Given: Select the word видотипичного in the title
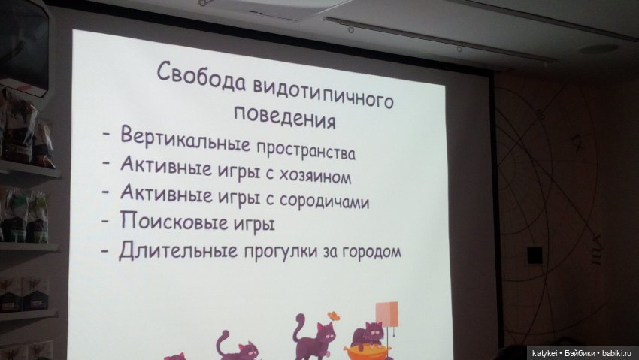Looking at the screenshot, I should click(x=321, y=93).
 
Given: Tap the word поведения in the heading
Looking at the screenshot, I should click(x=283, y=118).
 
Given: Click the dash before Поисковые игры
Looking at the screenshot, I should click(x=106, y=219).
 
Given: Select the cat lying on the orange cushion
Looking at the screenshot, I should click(x=368, y=335).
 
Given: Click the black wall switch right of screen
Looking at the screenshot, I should click(x=535, y=255).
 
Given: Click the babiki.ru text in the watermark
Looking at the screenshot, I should click(x=619, y=352).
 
